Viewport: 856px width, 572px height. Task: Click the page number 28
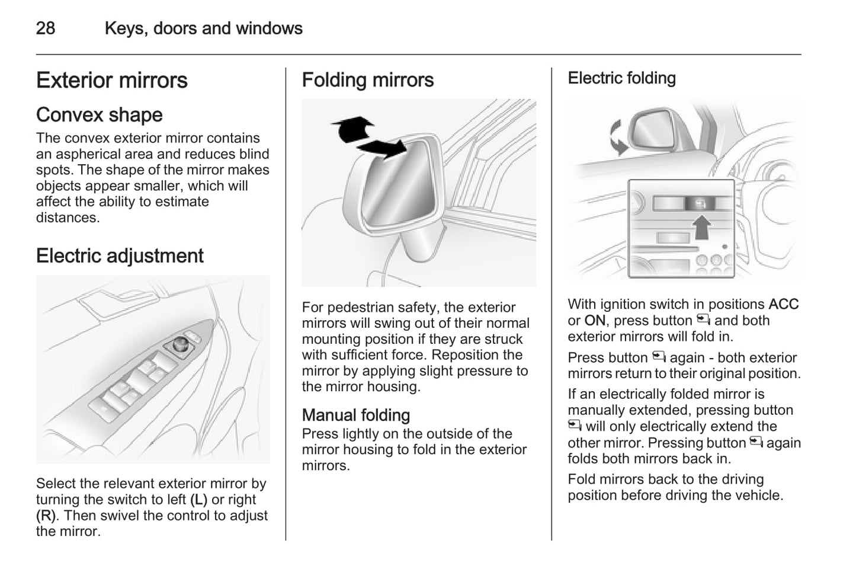(x=46, y=28)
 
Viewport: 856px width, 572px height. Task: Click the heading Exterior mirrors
(x=112, y=81)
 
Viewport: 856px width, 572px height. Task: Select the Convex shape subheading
(x=100, y=115)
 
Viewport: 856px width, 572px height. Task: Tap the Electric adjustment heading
(x=120, y=256)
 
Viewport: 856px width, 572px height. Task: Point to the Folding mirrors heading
(x=368, y=80)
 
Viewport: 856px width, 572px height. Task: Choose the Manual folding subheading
(x=356, y=415)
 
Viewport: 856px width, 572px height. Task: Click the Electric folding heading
(x=621, y=78)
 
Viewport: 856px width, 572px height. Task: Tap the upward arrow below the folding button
(x=702, y=227)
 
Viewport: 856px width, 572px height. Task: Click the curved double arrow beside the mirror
(x=617, y=137)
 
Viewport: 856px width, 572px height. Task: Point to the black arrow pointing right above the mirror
(x=383, y=148)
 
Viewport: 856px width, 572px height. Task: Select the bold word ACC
(x=783, y=305)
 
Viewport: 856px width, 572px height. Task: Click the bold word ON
(x=595, y=321)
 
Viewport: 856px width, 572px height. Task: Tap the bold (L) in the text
(x=198, y=500)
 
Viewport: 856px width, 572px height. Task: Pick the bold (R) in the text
(x=46, y=516)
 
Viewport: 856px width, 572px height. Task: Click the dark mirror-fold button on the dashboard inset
(x=700, y=204)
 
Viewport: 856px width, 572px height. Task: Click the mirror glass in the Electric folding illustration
(x=651, y=131)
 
